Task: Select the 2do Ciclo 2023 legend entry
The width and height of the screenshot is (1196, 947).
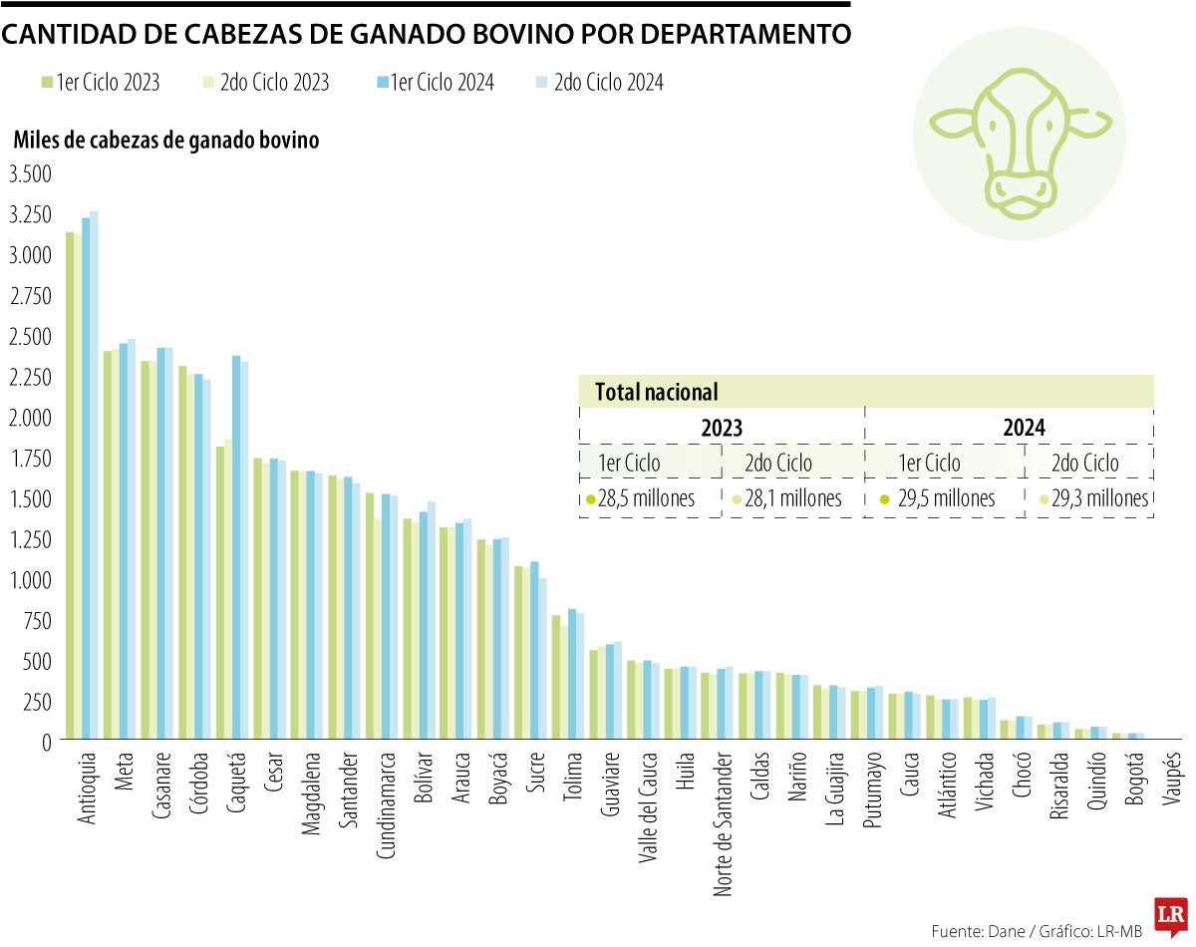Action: click(x=266, y=83)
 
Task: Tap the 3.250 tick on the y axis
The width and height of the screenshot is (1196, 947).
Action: click(x=30, y=214)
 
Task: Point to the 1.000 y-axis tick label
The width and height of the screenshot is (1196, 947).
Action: click(x=30, y=579)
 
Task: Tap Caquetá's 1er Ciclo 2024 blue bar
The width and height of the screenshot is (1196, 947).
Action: click(x=236, y=547)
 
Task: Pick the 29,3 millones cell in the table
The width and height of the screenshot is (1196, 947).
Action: click(x=1094, y=498)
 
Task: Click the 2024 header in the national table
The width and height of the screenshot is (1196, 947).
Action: click(x=1024, y=428)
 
